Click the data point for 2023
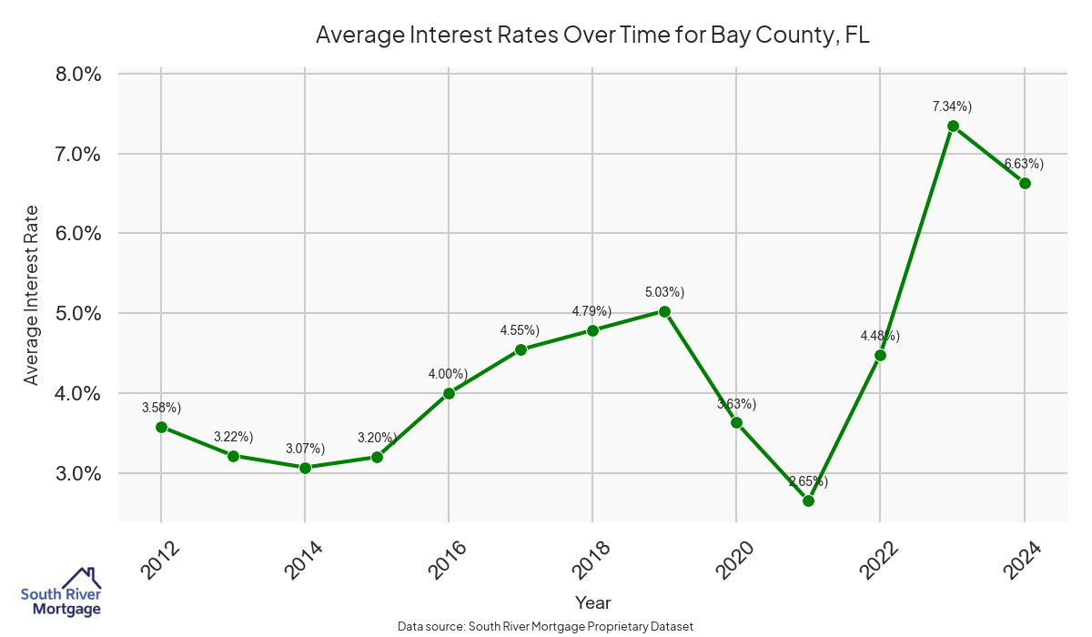953,126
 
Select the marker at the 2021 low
808,500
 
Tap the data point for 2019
664,311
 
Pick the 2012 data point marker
161,427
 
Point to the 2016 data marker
449,393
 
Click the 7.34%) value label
952,106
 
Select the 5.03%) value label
664,292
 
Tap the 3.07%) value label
305,449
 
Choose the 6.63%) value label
1024,164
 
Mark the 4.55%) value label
520,330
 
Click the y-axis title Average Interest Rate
32,293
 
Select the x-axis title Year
593,602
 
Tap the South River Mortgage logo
61,592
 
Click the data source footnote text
545,626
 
